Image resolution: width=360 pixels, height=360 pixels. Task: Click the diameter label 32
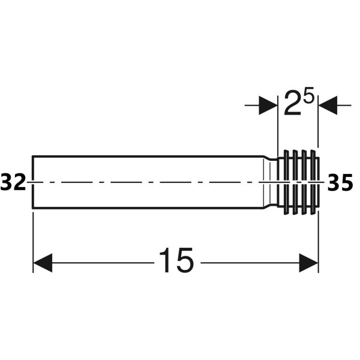click(x=13, y=182)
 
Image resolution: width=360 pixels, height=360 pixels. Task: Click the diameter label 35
click(x=340, y=182)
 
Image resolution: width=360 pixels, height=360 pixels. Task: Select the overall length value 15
click(x=176, y=260)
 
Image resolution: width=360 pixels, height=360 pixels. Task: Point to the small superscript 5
click(x=308, y=95)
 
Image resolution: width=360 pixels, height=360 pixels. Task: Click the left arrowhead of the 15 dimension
click(x=43, y=263)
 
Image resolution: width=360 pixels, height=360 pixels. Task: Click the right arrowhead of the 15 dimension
click(x=308, y=263)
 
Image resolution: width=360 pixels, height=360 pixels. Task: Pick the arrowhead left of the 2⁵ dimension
click(x=268, y=106)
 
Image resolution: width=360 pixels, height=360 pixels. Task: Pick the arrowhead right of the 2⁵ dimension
click(x=328, y=106)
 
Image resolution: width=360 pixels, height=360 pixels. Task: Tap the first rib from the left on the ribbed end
click(x=286, y=182)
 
